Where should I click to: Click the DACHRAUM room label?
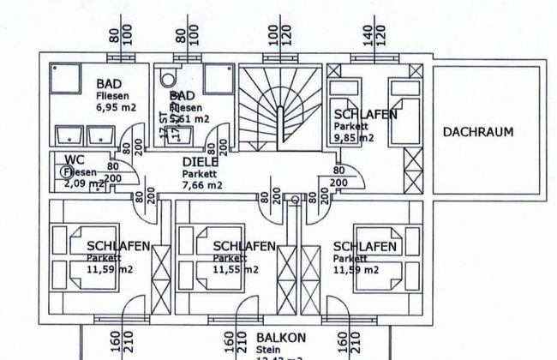477,132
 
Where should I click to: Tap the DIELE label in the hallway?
201,162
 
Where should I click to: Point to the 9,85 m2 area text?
352,136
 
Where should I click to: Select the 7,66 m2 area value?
202,183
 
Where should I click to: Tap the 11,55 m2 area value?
236,269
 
